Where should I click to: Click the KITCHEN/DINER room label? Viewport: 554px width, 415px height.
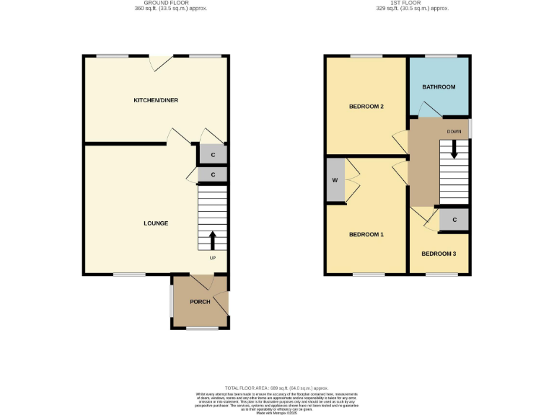pos(156,100)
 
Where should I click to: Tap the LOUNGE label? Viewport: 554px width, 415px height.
pos(156,223)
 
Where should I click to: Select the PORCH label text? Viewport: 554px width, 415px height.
pos(200,302)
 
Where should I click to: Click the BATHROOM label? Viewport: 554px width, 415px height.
pos(439,87)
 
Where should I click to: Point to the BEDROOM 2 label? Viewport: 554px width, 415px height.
pos(366,107)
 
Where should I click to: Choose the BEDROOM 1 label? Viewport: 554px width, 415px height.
pos(366,235)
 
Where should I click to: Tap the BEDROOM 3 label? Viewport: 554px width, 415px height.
pos(439,254)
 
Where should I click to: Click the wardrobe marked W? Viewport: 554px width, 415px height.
pos(335,180)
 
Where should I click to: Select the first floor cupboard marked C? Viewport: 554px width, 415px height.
pos(454,220)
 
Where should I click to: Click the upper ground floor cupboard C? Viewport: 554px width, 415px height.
pos(213,155)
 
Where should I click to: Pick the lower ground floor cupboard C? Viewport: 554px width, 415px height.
pos(213,174)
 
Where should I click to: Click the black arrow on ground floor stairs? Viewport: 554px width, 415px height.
pos(213,240)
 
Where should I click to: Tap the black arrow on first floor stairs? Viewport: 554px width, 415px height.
pos(454,149)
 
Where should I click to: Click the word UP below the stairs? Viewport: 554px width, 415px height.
pos(213,258)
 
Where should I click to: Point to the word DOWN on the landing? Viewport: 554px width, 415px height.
pos(454,132)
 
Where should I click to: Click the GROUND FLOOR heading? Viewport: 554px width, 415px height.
pos(156,3)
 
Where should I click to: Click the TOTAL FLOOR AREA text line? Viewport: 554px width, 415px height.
pos(277,388)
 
